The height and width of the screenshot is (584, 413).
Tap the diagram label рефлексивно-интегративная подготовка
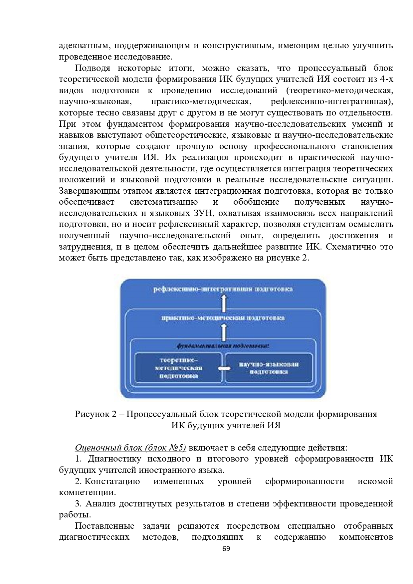coord(223,289)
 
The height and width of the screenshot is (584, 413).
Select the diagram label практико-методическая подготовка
coord(223,318)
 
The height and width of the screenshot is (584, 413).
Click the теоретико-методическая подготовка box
coord(179,368)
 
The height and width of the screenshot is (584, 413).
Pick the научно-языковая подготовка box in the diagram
coord(269,368)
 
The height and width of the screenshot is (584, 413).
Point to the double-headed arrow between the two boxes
coord(224,368)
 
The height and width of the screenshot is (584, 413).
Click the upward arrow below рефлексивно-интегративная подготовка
coord(224,303)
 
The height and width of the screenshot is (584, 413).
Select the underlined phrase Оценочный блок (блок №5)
coord(130,448)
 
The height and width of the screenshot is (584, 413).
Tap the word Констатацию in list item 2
coord(112,481)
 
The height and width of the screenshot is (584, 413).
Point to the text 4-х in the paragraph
coord(386,80)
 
